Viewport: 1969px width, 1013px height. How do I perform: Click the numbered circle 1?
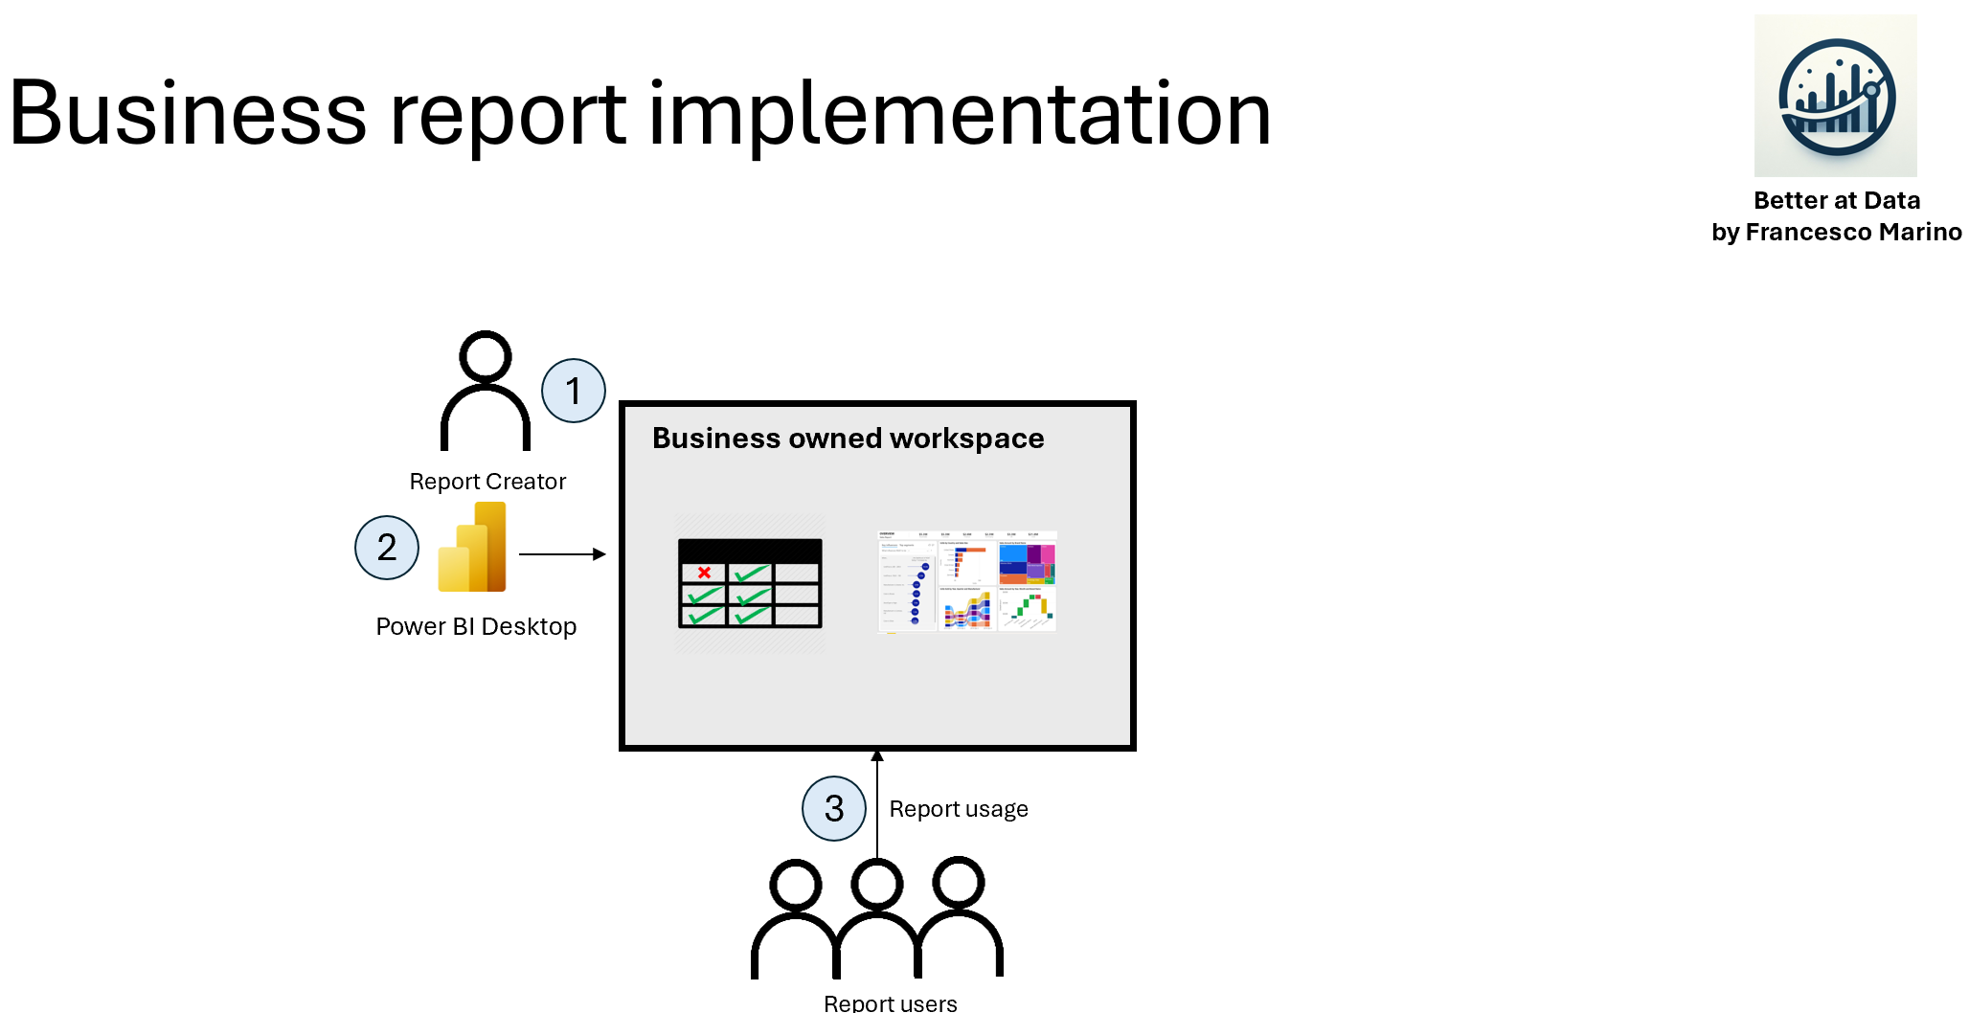tap(573, 391)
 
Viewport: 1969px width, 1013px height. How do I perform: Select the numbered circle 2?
tap(387, 548)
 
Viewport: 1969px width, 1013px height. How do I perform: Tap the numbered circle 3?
tap(834, 809)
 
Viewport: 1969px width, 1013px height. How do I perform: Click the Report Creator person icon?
tap(486, 392)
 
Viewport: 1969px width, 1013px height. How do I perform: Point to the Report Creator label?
tap(487, 482)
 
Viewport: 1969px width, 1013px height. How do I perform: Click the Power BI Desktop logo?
tap(472, 548)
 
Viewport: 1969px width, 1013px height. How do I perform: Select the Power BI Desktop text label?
tap(476, 626)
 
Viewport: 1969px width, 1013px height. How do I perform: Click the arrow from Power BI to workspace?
tap(562, 554)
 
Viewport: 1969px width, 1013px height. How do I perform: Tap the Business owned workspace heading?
tap(848, 439)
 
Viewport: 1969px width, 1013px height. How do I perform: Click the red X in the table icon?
tap(704, 573)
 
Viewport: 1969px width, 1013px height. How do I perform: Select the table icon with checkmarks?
tap(750, 584)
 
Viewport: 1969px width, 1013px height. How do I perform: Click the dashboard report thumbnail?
tap(966, 581)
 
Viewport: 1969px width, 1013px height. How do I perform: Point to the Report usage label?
tap(959, 809)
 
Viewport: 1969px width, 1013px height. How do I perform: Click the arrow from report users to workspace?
tap(877, 804)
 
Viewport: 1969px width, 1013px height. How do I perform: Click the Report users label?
tap(890, 1002)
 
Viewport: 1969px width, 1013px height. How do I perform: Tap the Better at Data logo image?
tap(1835, 96)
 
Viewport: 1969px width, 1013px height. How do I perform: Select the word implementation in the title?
tap(960, 115)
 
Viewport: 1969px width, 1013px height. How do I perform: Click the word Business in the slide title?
tap(188, 115)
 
